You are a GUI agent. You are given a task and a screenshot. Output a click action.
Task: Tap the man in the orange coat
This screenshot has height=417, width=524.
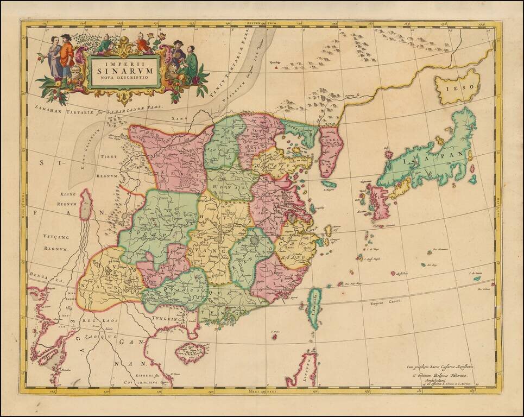(x=66, y=54)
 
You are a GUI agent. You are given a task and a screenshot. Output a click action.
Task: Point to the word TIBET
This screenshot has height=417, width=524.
(x=108, y=156)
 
